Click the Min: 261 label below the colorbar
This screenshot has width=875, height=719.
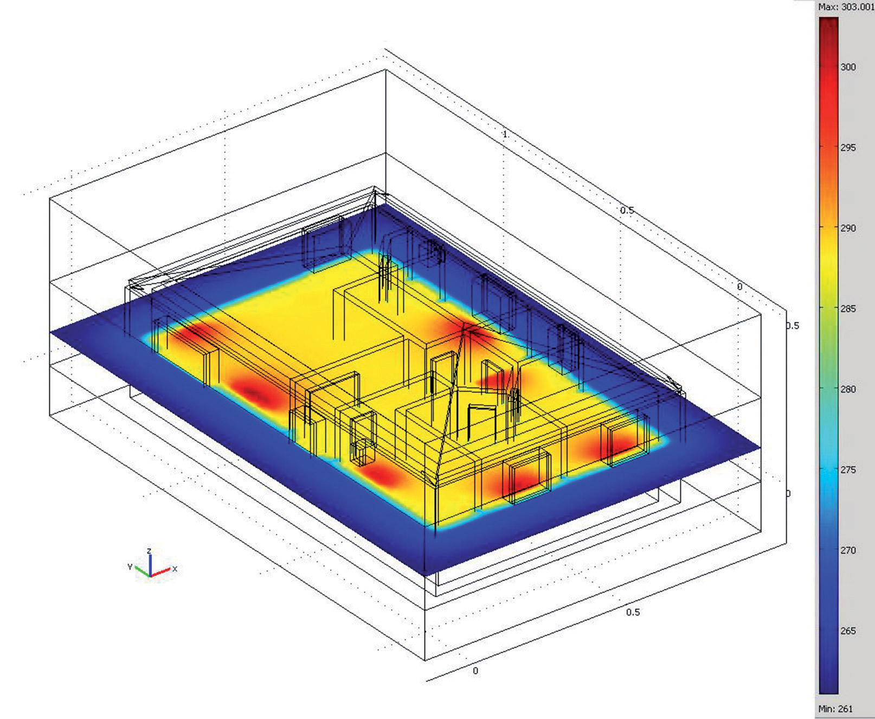pos(835,708)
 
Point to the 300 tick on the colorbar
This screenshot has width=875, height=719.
pos(848,67)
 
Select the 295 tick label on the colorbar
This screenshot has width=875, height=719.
pos(848,148)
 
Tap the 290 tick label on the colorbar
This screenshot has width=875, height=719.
pos(848,228)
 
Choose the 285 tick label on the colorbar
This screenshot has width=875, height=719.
pos(848,309)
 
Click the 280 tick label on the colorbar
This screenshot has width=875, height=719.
pos(848,389)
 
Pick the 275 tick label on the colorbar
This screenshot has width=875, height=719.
pos(848,469)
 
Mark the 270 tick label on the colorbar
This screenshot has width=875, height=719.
pos(848,550)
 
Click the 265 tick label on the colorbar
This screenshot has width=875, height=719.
pos(848,631)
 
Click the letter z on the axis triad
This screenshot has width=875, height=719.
pos(149,551)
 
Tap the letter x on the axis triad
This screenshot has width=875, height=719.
pos(175,569)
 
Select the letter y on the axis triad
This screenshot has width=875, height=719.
pos(130,567)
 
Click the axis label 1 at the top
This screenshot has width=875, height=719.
pos(505,134)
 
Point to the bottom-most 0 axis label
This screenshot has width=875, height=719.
pos(475,671)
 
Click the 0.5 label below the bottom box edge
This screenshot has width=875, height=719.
pos(633,612)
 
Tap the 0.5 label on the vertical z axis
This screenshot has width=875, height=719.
pos(792,326)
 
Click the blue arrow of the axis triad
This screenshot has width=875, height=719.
pos(150,564)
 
